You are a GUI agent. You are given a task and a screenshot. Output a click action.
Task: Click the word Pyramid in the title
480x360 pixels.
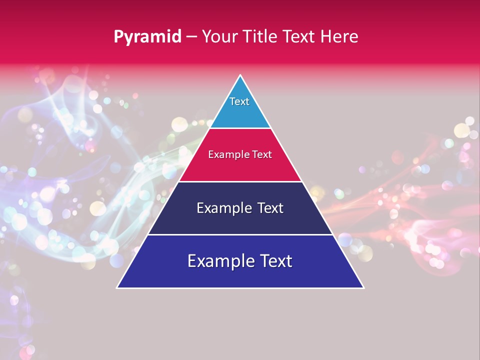click(147, 36)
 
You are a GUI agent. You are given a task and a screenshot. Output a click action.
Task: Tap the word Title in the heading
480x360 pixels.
click(260, 36)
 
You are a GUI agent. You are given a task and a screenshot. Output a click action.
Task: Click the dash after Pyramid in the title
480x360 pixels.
click(191, 37)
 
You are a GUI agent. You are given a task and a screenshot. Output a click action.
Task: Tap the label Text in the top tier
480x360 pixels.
click(239, 101)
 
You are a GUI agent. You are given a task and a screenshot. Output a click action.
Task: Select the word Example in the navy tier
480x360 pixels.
click(223, 208)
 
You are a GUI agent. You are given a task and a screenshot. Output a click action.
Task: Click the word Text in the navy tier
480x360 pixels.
click(270, 208)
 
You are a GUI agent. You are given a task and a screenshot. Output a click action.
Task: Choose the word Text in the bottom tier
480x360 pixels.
click(276, 261)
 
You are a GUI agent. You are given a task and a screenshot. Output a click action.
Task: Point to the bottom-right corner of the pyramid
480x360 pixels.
click(363, 287)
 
